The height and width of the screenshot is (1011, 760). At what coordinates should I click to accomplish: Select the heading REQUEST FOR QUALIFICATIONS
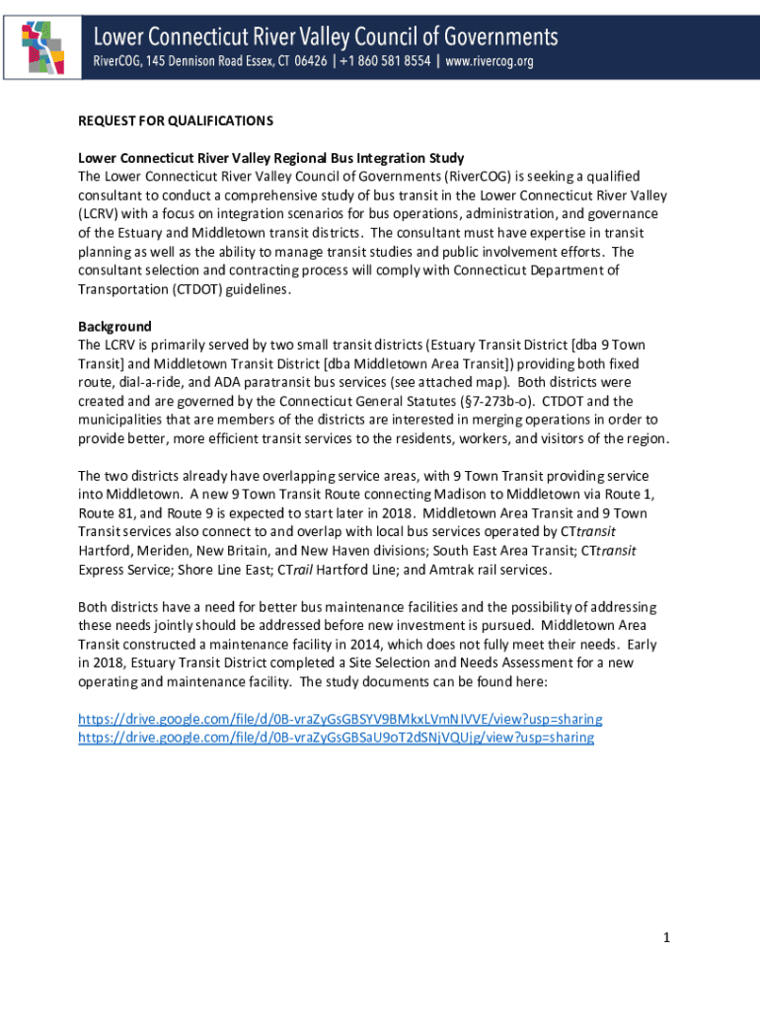[176, 120]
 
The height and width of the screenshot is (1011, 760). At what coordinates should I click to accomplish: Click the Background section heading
[114, 326]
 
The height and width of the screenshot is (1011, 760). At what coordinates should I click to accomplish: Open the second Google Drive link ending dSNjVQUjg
[336, 738]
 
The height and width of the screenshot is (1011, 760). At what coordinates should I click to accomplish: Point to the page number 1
[667, 937]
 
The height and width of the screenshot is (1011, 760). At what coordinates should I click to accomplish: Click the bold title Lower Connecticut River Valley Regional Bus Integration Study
[271, 158]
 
